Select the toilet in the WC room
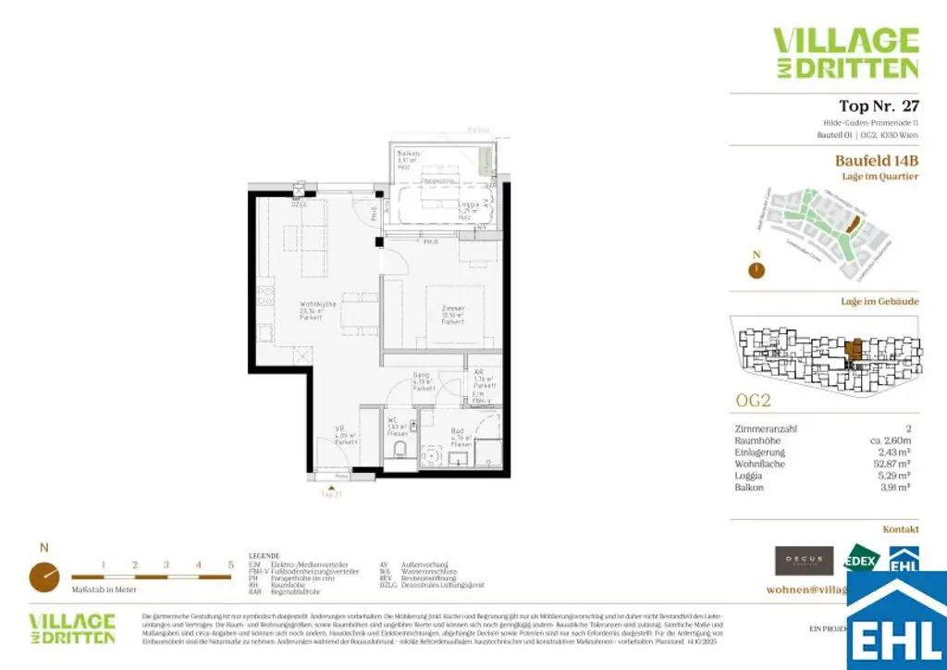tap(400, 450)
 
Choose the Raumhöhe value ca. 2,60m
tap(892, 440)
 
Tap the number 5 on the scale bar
tap(230, 564)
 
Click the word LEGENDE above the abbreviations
tap(264, 556)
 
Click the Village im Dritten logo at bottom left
tap(72, 628)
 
